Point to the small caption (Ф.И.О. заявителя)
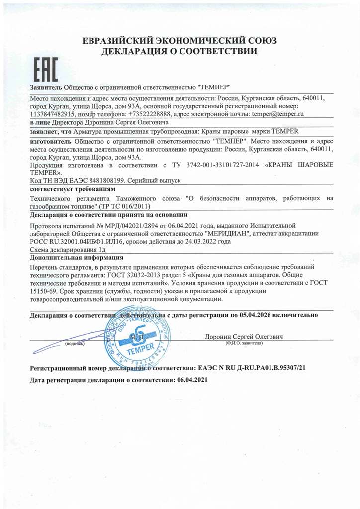click(244, 343)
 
